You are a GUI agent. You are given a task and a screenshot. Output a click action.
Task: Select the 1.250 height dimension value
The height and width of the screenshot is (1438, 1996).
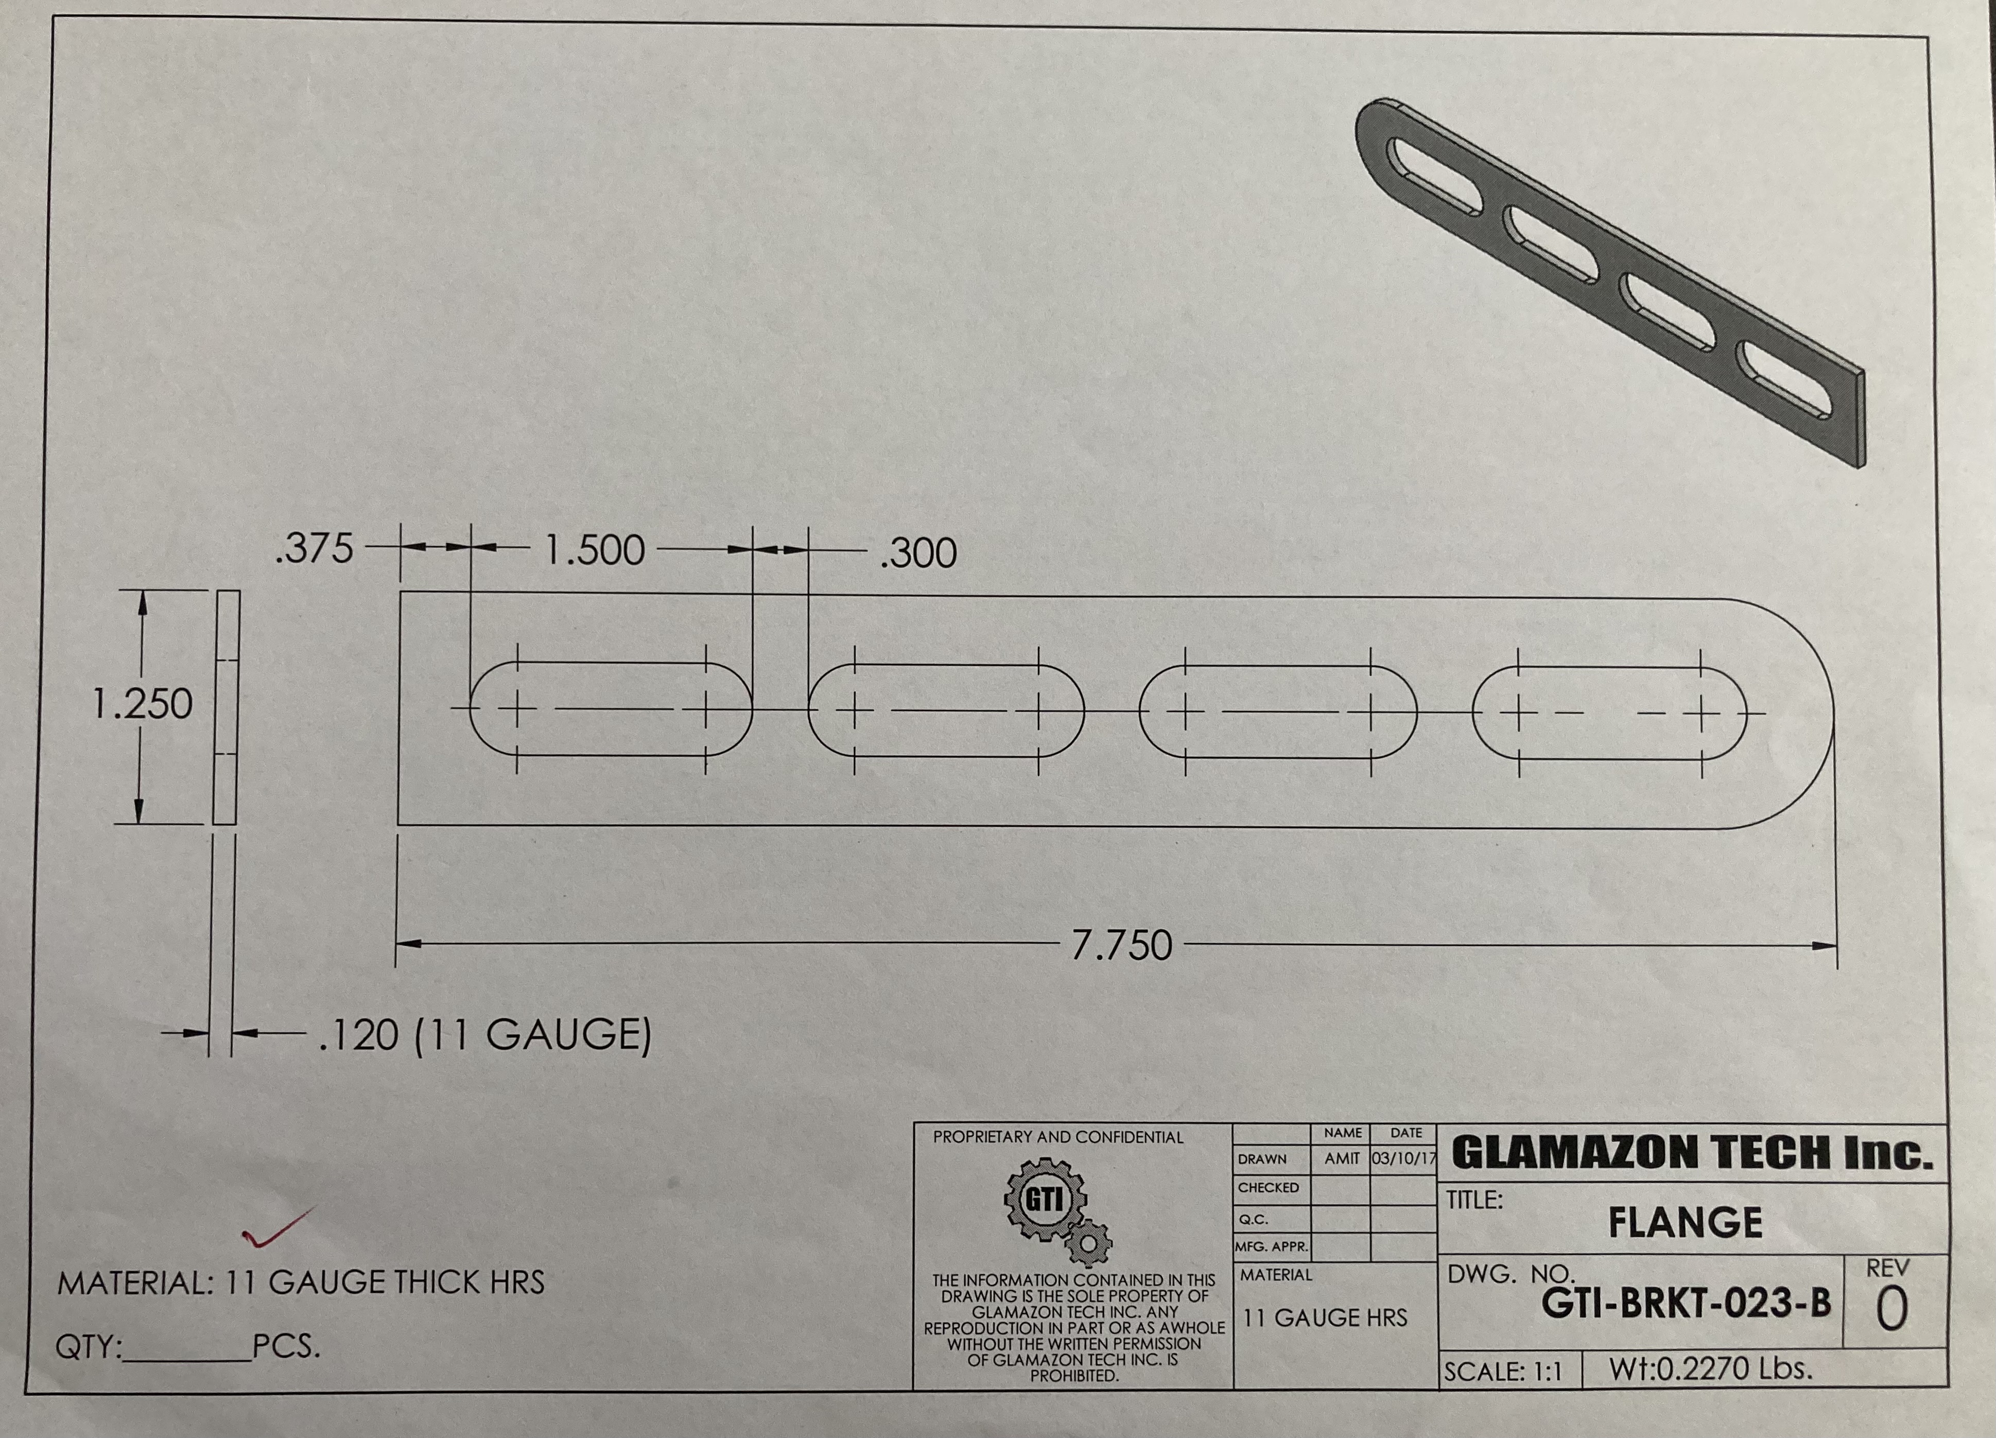click(143, 704)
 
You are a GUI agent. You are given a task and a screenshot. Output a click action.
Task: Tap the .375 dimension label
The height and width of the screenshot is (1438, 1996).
click(314, 548)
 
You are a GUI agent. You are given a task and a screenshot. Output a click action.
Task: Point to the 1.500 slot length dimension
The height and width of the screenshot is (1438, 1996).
click(595, 550)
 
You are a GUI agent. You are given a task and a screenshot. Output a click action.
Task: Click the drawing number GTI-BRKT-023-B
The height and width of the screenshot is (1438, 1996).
click(1686, 1303)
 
